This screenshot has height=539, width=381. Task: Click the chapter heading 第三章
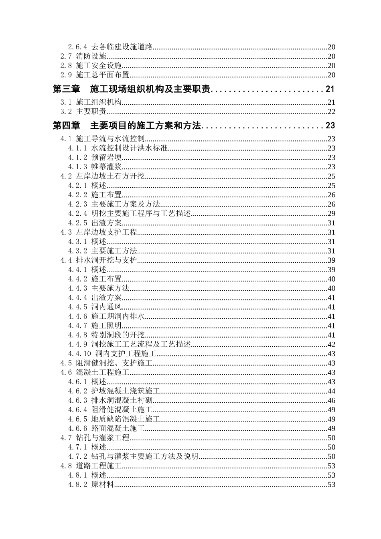point(67,89)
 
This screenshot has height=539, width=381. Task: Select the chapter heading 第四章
point(67,126)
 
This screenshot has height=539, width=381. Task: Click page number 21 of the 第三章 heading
point(330,89)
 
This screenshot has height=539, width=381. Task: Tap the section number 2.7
point(66,57)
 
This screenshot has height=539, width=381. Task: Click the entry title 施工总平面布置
point(103,75)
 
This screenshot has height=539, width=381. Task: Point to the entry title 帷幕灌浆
point(106,167)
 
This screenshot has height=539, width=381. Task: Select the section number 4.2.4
point(77,213)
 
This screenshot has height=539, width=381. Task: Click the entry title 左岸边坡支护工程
point(106,232)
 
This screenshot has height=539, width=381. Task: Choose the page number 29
point(331,213)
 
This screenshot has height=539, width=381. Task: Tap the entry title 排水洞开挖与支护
point(106,260)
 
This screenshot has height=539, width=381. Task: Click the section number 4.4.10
point(79,354)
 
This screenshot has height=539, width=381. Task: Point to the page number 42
point(331,344)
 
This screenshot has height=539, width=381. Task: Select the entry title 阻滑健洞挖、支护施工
point(114,363)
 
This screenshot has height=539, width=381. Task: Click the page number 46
point(331,401)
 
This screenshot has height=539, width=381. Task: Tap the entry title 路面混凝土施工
point(118,429)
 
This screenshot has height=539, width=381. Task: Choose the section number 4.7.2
point(77,457)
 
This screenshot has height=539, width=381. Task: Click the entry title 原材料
point(103,485)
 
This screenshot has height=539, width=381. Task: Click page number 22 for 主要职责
point(331,112)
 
